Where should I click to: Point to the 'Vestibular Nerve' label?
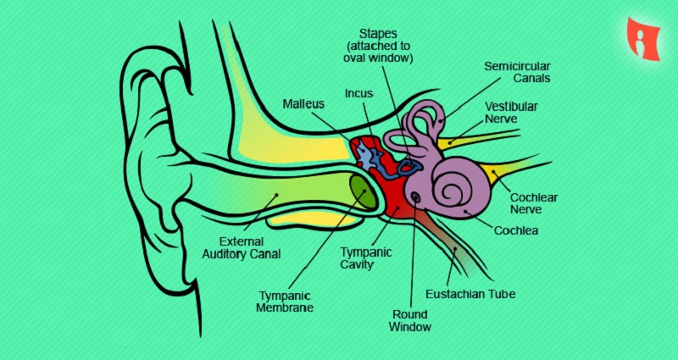coord(514,114)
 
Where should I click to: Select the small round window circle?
coord(415,199)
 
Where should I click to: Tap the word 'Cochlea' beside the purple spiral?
coord(516,230)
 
